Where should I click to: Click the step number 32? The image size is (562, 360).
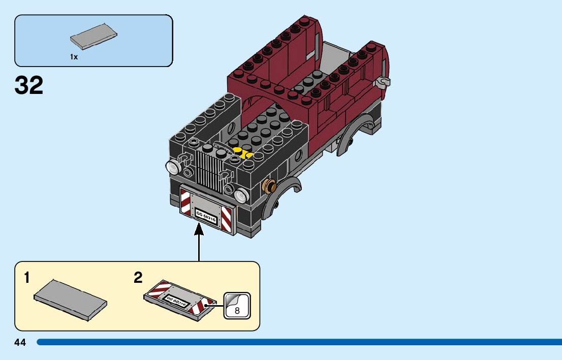pos(29,85)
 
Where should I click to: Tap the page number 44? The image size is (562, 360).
pos(20,343)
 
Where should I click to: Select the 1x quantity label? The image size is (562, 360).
pos(74,57)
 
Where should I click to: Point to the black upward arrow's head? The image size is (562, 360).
pos(199,230)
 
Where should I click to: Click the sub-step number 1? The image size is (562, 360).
pos(27,278)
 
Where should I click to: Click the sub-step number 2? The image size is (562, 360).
pos(138,278)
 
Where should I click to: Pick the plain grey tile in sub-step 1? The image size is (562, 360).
pos(70,298)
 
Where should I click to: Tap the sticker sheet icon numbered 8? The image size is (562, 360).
pos(237,305)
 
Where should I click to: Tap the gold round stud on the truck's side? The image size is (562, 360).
pos(269,186)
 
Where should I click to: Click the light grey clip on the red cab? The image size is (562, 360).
pos(382,83)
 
